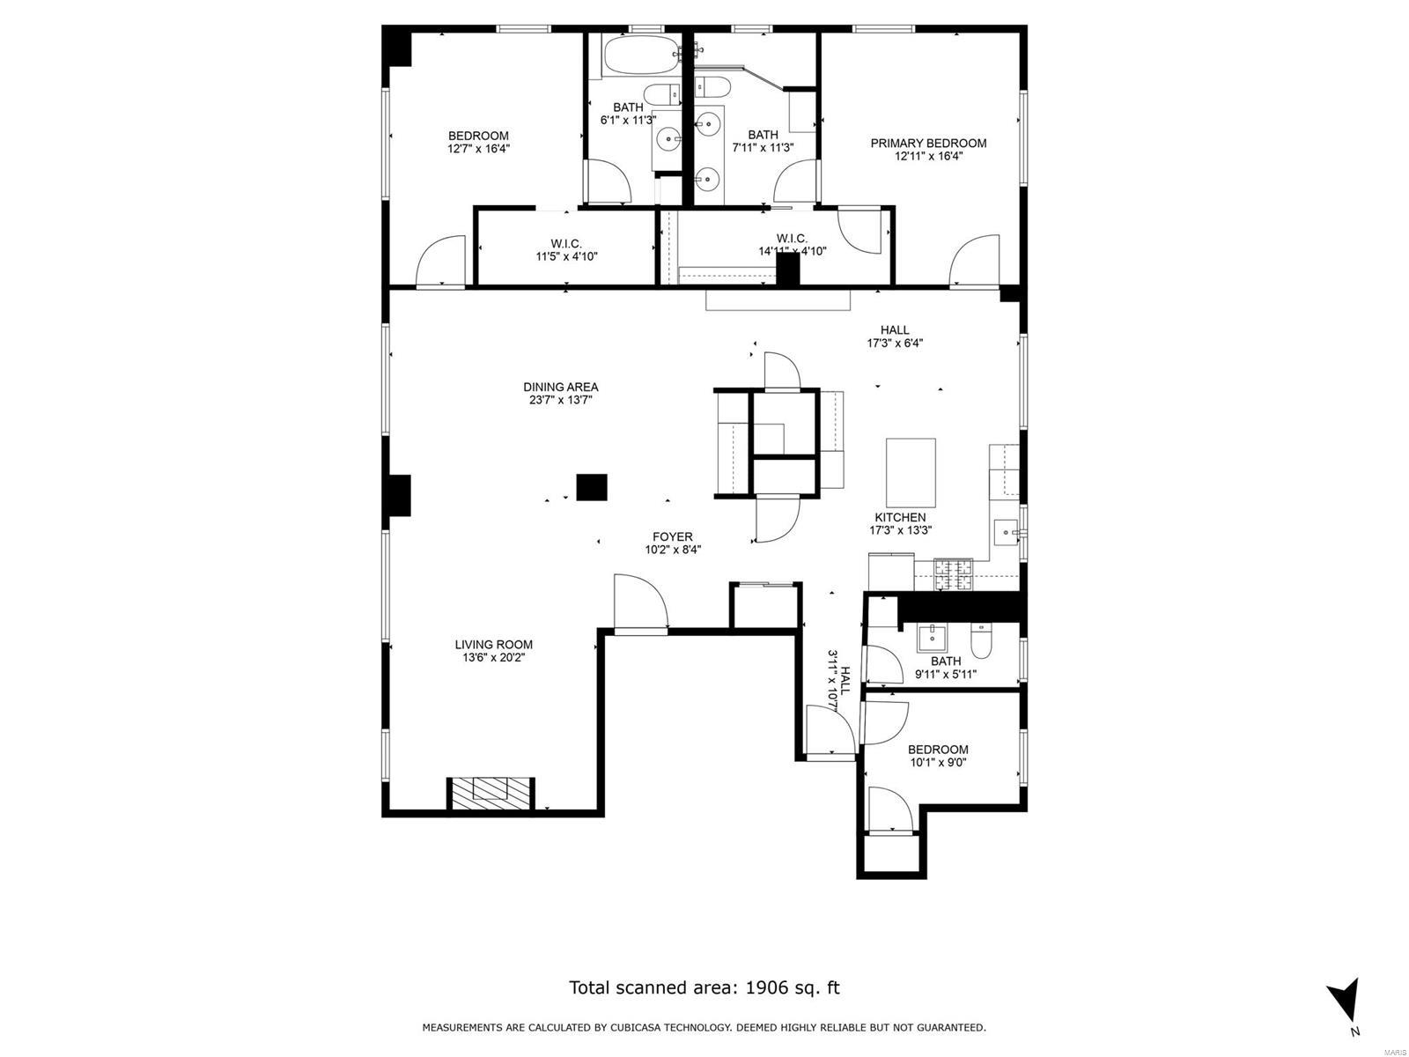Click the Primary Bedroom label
click(x=927, y=143)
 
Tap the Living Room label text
click(x=494, y=645)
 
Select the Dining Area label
click(x=560, y=387)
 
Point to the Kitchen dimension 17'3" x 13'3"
click(x=900, y=530)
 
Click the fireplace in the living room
click(x=491, y=794)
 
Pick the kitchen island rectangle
click(x=911, y=473)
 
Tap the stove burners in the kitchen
click(x=953, y=574)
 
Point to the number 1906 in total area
click(x=766, y=987)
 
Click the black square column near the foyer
click(x=591, y=487)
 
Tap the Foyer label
click(x=672, y=536)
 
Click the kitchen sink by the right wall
click(x=1006, y=531)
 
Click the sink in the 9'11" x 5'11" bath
click(x=929, y=638)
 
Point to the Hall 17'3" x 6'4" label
click(x=895, y=336)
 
